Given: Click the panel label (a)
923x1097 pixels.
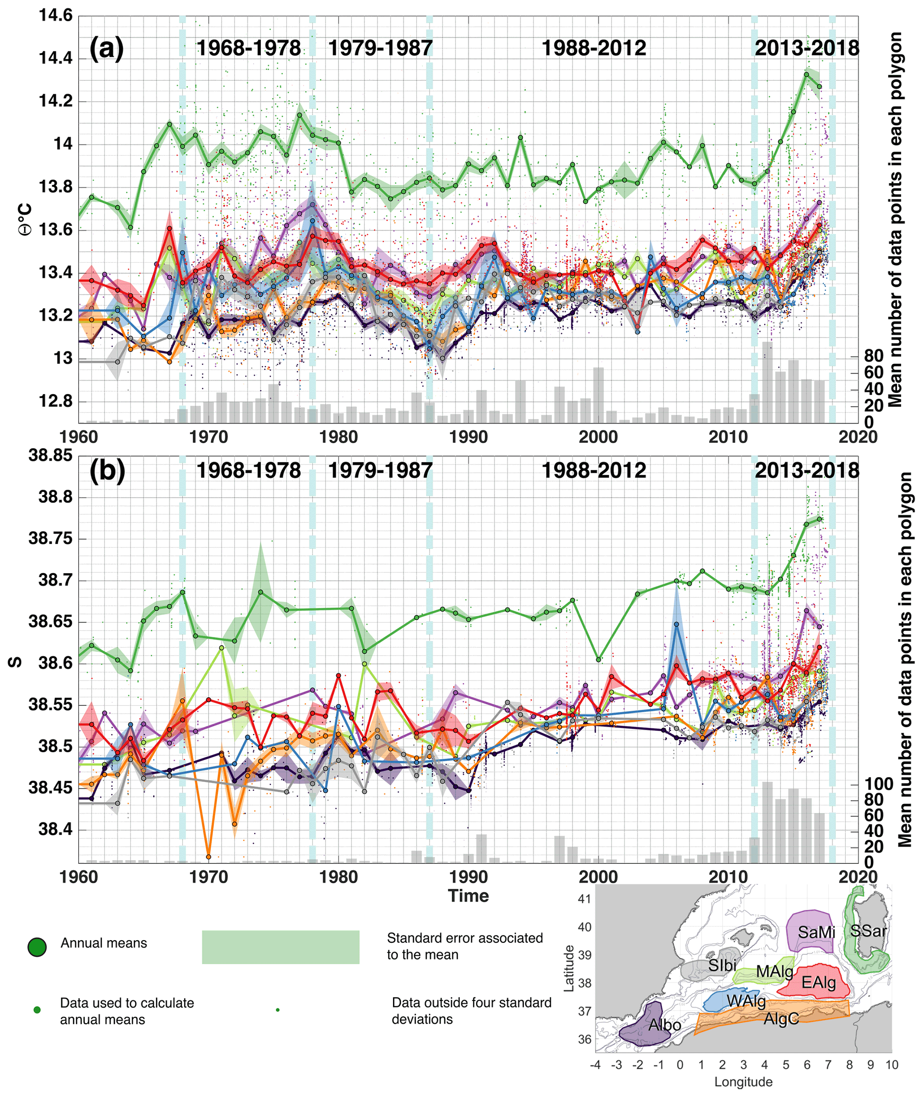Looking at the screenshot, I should click(x=106, y=49).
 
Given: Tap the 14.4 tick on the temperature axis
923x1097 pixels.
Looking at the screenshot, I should click(x=55, y=59).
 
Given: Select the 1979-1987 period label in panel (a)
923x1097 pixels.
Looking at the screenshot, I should click(x=380, y=48).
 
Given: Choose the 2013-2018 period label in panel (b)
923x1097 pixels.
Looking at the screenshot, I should click(x=807, y=470).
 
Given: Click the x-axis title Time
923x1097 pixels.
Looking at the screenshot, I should click(x=468, y=896).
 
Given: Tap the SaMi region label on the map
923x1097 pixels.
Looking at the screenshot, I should click(x=816, y=932).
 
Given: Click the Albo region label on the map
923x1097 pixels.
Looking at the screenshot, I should click(x=664, y=1025).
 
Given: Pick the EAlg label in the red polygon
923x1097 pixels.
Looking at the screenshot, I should click(x=819, y=983).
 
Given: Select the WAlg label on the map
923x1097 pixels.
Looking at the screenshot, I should click(x=746, y=1002).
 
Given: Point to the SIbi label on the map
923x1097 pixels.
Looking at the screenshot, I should click(x=722, y=965).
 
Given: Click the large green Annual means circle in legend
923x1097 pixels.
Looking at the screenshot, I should click(x=37, y=947).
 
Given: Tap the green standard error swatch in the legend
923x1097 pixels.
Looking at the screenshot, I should click(x=280, y=947).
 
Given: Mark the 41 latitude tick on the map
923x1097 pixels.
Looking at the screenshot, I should click(x=585, y=899).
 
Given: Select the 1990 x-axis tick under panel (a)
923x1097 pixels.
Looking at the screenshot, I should click(x=468, y=437).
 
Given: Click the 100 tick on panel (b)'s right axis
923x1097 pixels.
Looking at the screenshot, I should click(x=879, y=784).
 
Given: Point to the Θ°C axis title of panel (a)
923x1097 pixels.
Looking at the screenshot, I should click(x=25, y=219).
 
